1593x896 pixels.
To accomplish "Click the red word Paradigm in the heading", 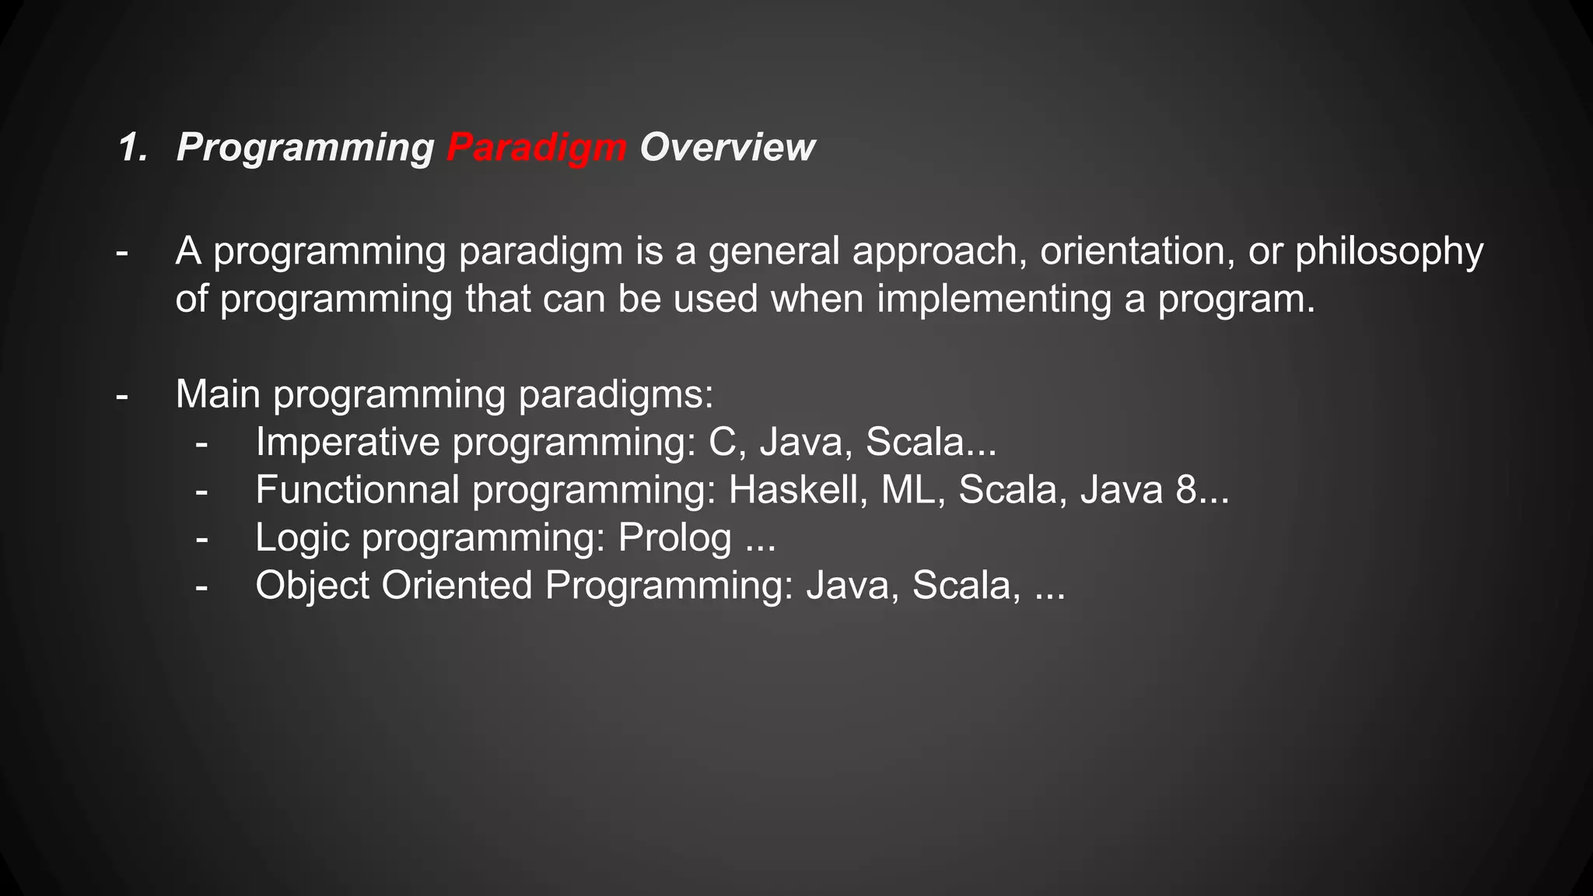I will click(x=537, y=148).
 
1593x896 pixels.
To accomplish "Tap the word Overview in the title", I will click(x=726, y=148).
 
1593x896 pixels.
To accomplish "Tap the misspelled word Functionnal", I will click(x=357, y=490).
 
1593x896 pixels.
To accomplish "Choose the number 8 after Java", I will click(x=1185, y=490).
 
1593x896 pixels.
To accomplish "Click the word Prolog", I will click(x=674, y=538).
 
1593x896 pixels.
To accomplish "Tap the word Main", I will click(x=218, y=394).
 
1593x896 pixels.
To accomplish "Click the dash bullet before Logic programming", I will click(x=201, y=538).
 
